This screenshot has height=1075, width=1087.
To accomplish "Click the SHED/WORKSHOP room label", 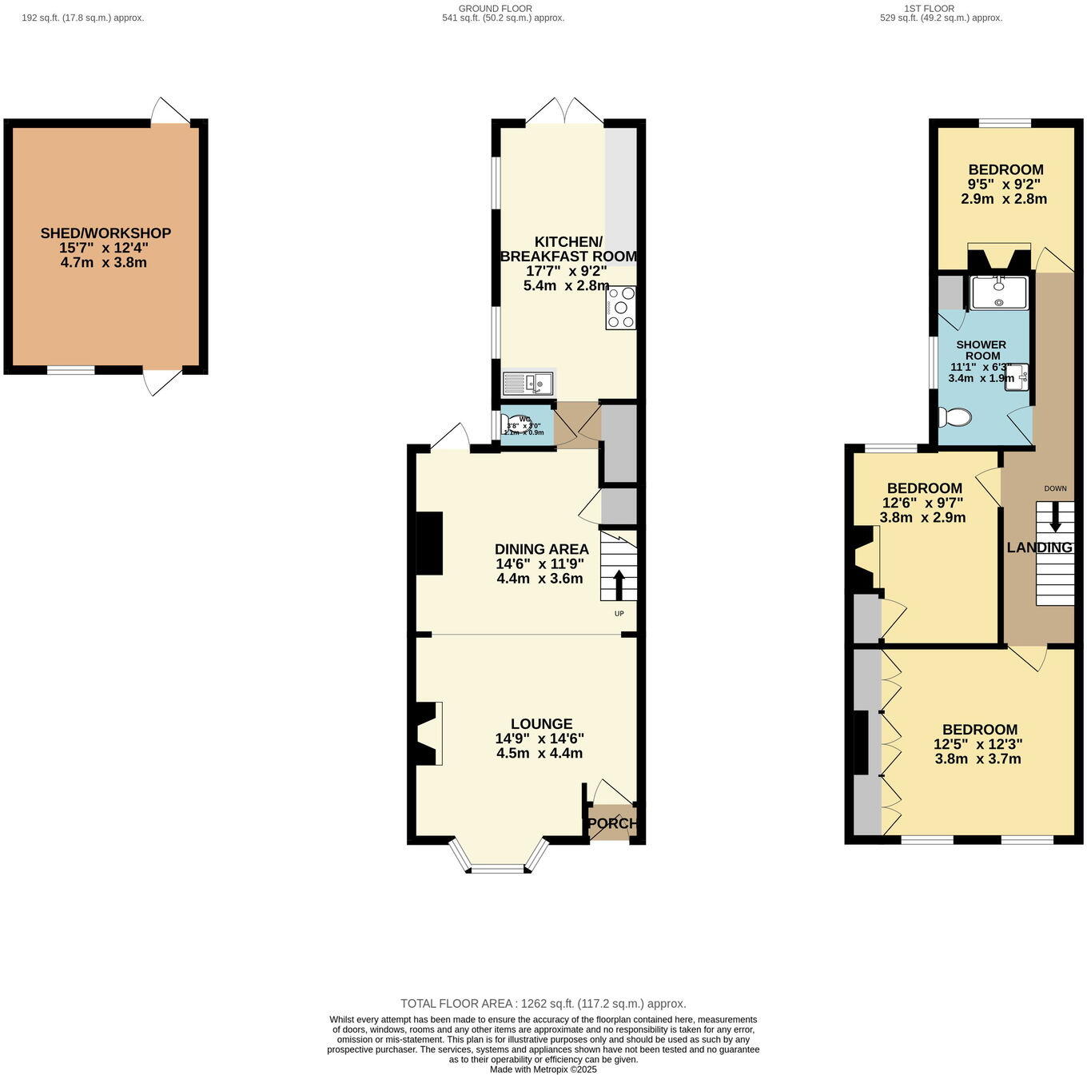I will (106, 233).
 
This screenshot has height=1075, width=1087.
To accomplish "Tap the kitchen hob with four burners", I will (621, 308).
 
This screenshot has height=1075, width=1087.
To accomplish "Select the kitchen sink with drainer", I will (528, 384).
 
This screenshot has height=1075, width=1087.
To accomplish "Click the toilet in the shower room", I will (956, 416).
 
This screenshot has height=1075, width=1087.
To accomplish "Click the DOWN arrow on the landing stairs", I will (1056, 516).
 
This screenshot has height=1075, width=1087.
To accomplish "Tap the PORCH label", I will (612, 823).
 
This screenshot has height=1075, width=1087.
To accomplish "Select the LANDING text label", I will (1039, 547).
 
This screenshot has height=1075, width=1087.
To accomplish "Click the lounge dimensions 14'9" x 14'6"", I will (540, 739).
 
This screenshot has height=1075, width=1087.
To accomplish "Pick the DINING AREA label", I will (541, 549).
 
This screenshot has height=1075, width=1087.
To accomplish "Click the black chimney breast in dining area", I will (429, 543).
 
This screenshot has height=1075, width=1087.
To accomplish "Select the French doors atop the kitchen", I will (564, 112).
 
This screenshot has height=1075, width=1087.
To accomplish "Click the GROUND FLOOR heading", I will (495, 9).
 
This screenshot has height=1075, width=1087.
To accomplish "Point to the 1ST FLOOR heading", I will (929, 9).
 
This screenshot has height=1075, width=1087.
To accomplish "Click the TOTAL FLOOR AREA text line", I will (543, 1004).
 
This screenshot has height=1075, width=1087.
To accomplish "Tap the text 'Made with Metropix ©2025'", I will (543, 1069).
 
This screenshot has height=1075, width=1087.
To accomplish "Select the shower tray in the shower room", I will (999, 293).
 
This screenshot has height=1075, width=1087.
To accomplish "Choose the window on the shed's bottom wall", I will (70, 370).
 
